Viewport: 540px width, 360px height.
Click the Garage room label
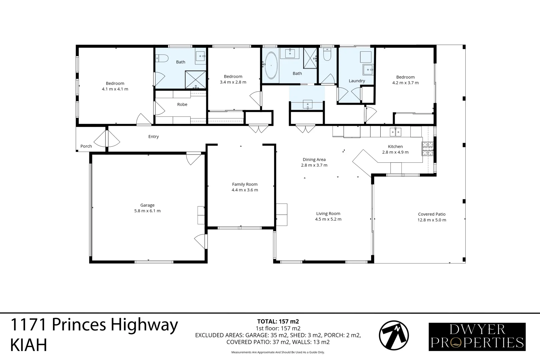point(147,205)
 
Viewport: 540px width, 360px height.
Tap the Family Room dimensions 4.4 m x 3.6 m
point(245,190)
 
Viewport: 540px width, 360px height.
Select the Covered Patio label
point(432,214)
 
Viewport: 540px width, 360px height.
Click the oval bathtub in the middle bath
point(271,66)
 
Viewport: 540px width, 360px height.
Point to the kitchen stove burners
point(428,149)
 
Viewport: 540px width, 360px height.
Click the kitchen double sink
point(396,132)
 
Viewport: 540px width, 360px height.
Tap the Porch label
point(86,146)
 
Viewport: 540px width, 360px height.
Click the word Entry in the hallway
point(153,136)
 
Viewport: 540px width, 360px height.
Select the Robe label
point(182,104)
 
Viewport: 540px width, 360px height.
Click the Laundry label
point(357,81)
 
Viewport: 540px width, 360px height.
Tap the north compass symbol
point(394,336)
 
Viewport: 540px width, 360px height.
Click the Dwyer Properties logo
point(477,337)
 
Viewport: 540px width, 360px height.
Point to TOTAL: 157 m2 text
point(278,322)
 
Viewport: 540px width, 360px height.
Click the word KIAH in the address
point(29,345)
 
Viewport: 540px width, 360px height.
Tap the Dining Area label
point(314,159)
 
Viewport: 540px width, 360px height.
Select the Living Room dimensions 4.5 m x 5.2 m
point(328,219)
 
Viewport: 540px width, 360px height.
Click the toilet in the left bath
point(161,59)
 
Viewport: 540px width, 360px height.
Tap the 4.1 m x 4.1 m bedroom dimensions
point(115,89)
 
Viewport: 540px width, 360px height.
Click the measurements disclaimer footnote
point(278,352)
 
